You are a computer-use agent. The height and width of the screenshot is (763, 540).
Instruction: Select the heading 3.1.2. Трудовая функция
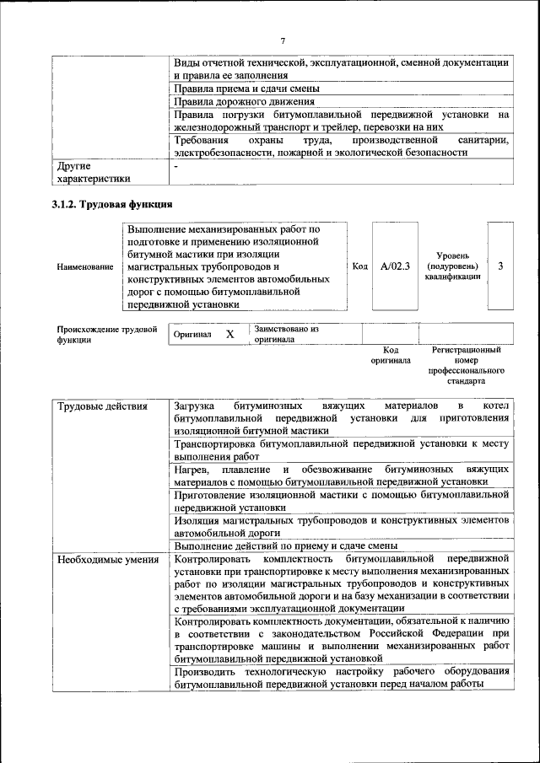112,204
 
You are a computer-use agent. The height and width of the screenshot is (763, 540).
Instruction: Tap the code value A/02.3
395,266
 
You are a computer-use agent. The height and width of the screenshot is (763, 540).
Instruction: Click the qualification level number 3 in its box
500,266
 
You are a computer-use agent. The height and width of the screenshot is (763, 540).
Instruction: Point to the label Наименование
85,267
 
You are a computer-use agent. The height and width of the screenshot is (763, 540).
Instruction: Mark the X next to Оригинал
229,335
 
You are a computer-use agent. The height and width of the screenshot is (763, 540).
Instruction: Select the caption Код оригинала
391,355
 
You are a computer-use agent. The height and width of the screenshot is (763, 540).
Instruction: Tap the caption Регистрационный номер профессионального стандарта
466,365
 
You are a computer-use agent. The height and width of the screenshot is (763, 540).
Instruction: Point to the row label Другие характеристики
93,172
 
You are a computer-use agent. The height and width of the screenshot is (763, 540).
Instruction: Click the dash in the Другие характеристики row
175,166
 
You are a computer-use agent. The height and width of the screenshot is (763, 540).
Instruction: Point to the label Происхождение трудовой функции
107,335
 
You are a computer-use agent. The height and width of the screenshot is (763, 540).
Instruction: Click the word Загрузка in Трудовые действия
195,406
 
